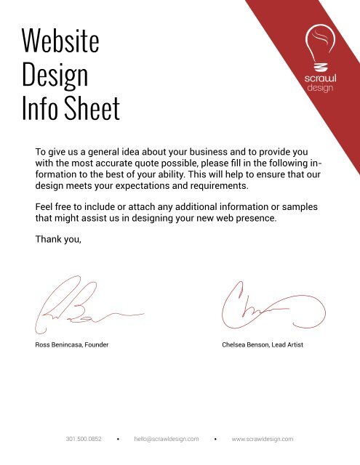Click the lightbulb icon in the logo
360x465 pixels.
[320, 45]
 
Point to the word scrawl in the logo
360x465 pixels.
[320, 78]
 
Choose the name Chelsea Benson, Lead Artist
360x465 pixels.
[262, 344]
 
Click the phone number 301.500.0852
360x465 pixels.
[84, 440]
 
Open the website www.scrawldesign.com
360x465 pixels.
[262, 440]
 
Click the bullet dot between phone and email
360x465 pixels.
[118, 440]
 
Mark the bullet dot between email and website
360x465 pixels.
[216, 440]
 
